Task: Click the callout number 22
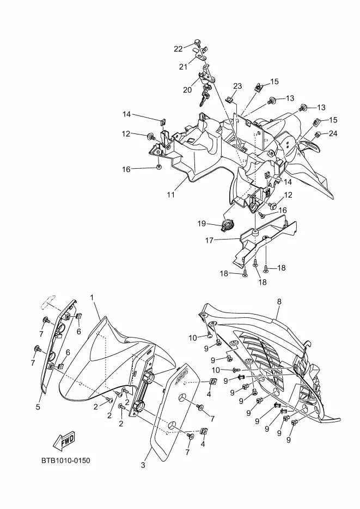[x=179, y=49]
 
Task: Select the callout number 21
[x=184, y=67]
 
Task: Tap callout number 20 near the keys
[x=187, y=90]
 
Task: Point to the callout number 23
[x=237, y=86]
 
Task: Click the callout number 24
[x=333, y=133]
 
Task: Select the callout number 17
[x=210, y=240]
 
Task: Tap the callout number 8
[x=279, y=301]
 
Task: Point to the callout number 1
[x=92, y=298]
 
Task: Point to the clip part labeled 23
[x=230, y=100]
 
